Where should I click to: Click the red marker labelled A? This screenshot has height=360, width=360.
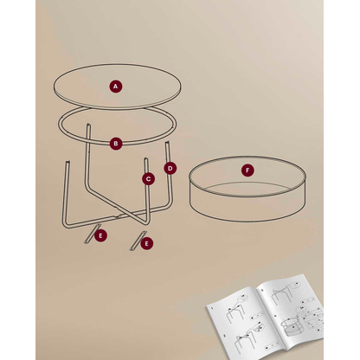pyautogui.click(x=115, y=86)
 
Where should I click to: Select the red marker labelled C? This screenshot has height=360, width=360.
pyautogui.click(x=148, y=179)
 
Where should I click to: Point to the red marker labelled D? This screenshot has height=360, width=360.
pyautogui.click(x=170, y=168)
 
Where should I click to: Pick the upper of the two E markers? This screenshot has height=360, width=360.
pyautogui.click(x=101, y=235)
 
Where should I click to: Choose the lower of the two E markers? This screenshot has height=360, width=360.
pyautogui.click(x=146, y=243)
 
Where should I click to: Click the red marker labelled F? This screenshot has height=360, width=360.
pyautogui.click(x=247, y=170)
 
